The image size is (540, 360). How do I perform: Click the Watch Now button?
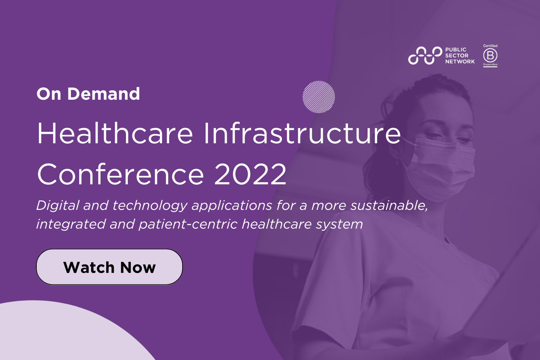tap(109, 267)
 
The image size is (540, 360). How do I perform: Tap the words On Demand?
tap(88, 94)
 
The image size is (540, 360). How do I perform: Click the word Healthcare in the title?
tap(115, 134)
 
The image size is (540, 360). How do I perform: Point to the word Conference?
tap(121, 174)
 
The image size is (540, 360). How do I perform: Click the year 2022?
tap(251, 174)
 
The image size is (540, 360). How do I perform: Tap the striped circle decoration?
tap(319, 97)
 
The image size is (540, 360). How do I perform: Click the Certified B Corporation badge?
tap(490, 55)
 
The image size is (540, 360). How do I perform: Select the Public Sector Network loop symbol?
tap(425, 56)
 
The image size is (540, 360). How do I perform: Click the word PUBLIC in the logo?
tap(456, 50)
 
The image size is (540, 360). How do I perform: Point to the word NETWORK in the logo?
tap(460, 62)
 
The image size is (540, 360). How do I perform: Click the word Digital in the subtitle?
tap(58, 206)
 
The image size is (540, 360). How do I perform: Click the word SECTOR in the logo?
tap(456, 55)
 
